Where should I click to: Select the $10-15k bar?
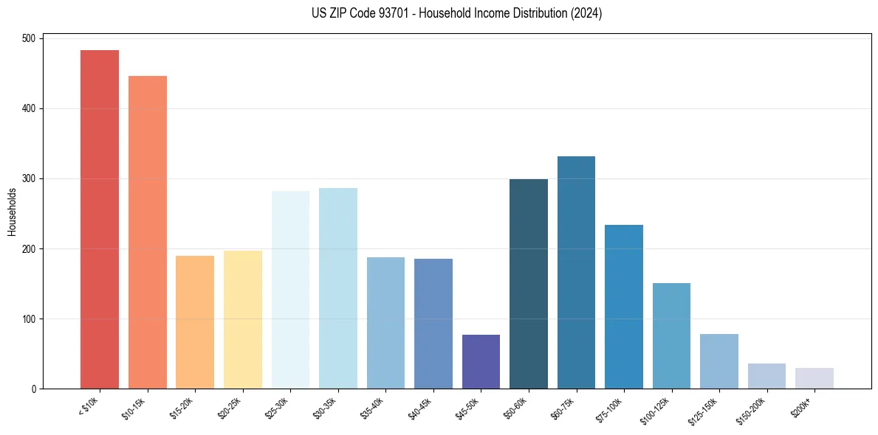coord(147,232)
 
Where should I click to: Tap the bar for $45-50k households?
coord(481,361)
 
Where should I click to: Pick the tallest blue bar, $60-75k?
coord(576,272)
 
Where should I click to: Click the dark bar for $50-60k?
coord(529,284)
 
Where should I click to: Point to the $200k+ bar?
coord(814,378)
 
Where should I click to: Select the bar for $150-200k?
coord(766,376)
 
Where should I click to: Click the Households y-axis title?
coord(13,212)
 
